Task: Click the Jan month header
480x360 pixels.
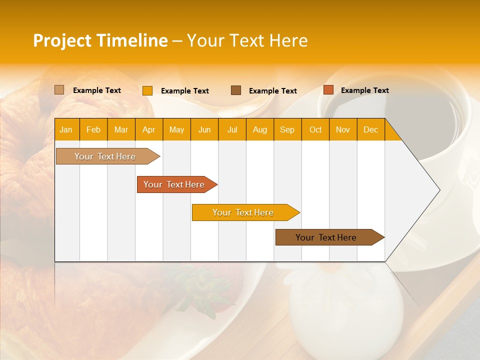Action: pos(66,129)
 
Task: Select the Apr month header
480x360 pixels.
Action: pos(149,129)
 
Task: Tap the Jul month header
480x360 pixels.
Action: pos(232,129)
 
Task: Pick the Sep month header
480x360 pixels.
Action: pos(287,129)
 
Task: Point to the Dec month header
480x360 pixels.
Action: pos(370,129)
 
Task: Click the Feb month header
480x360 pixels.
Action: pos(93,129)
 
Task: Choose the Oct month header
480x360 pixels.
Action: pos(315,129)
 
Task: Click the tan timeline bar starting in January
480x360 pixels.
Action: pos(105,156)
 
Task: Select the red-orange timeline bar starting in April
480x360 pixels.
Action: pos(174,184)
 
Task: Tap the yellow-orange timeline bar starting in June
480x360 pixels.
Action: pos(243,212)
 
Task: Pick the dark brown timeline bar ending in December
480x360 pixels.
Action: pos(326,237)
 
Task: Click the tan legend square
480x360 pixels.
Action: pos(59,90)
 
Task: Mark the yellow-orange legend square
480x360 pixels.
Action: pos(147,90)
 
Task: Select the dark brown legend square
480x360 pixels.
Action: pos(236,90)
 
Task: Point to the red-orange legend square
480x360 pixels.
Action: pos(328,90)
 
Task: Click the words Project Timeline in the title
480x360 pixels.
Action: pos(100,40)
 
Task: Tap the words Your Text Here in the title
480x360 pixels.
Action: pos(247,40)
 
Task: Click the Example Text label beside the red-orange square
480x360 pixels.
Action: pos(364,90)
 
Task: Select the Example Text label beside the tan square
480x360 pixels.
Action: pos(97,90)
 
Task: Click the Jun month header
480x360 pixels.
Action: pos(204,129)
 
